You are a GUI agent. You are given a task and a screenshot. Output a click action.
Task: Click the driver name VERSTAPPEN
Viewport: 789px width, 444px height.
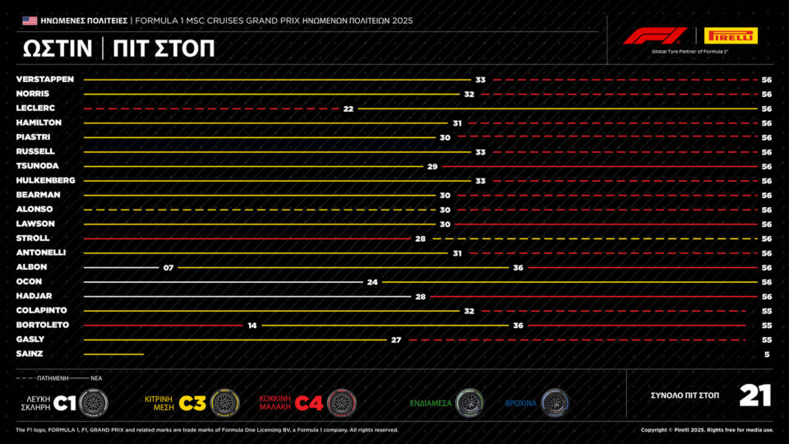click(45, 80)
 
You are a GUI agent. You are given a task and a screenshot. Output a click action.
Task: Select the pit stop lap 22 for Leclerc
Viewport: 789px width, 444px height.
click(348, 109)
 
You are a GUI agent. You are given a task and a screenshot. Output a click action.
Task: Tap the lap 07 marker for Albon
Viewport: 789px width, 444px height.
click(168, 267)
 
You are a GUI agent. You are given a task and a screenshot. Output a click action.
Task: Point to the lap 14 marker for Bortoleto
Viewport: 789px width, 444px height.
click(252, 325)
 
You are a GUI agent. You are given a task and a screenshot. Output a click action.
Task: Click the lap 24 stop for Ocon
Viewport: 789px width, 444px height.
click(372, 281)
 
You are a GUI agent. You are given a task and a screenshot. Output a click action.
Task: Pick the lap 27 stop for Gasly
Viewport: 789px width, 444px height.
click(395, 339)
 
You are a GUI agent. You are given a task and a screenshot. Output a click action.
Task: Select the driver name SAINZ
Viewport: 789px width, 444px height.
click(30, 354)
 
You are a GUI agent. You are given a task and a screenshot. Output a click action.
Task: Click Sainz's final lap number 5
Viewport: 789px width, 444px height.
click(766, 354)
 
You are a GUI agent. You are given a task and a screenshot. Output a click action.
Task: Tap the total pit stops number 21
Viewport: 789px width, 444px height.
click(754, 395)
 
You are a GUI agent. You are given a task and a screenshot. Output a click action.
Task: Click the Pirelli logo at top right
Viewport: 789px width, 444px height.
click(731, 35)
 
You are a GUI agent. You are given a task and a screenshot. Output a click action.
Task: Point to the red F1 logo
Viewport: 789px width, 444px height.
click(654, 35)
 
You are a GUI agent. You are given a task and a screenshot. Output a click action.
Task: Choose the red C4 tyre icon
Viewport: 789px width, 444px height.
click(341, 402)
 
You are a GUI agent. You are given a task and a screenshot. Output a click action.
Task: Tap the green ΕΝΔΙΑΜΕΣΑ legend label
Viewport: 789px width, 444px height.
click(431, 403)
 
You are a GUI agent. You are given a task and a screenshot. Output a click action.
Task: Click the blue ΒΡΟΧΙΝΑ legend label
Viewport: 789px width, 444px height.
click(520, 403)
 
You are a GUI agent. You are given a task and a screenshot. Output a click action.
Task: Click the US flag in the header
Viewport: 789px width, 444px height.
click(30, 20)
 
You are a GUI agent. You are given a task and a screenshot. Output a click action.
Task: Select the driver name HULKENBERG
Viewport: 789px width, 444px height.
click(45, 180)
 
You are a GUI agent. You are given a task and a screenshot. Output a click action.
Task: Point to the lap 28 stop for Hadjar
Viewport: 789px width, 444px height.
click(419, 296)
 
